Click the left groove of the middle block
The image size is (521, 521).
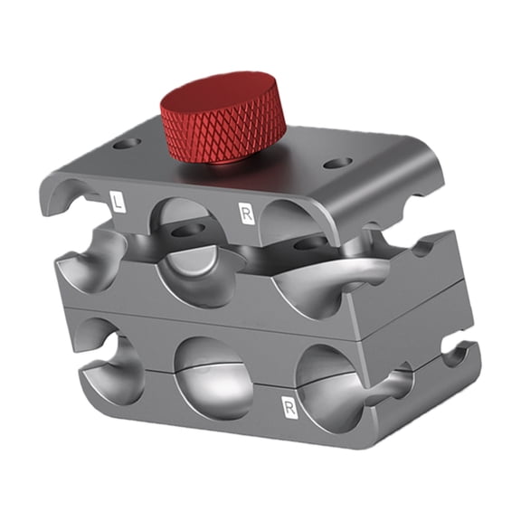[90, 262]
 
